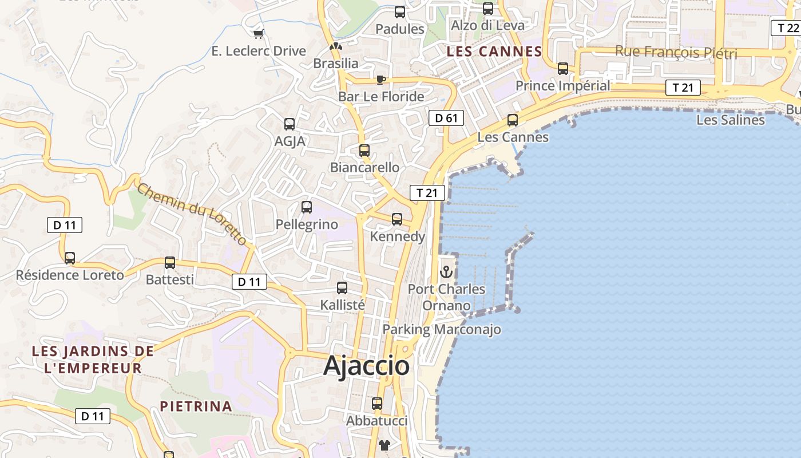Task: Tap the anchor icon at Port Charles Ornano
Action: [446, 272]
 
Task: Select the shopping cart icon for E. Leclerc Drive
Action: [258, 34]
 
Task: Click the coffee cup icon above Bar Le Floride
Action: [381, 80]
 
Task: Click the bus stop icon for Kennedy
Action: [397, 219]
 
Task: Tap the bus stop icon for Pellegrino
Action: [307, 207]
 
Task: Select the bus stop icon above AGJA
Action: [290, 124]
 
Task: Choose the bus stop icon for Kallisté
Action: [342, 288]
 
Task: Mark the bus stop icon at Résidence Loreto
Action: [70, 258]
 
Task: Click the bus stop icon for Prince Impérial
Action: [563, 69]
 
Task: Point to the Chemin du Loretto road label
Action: [192, 215]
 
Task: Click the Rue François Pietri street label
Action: [676, 53]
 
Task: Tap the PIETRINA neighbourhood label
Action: [196, 406]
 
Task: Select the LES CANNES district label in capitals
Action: [494, 52]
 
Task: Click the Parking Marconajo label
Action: [442, 329]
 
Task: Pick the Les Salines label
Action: [730, 120]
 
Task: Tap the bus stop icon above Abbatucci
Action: [377, 404]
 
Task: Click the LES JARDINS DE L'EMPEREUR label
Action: [93, 360]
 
